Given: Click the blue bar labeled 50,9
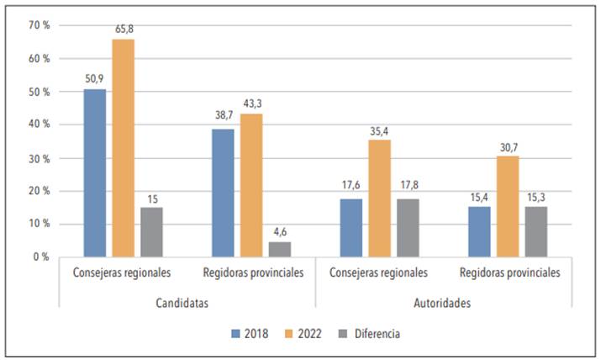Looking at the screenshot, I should (x=95, y=172).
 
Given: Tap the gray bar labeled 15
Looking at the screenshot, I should (x=151, y=232).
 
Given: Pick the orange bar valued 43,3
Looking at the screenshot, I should (x=251, y=185).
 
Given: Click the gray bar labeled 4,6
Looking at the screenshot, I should (x=280, y=249).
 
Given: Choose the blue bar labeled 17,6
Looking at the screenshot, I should (x=351, y=227).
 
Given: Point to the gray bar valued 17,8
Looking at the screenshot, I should (x=408, y=227).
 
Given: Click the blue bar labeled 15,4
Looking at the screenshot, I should (x=479, y=231).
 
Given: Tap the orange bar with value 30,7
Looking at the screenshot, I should (x=508, y=206).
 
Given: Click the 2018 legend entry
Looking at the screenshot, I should (x=250, y=333).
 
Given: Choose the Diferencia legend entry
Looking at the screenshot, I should (x=370, y=333).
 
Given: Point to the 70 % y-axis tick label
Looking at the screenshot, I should (x=39, y=25).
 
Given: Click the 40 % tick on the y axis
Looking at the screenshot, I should (x=39, y=124).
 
